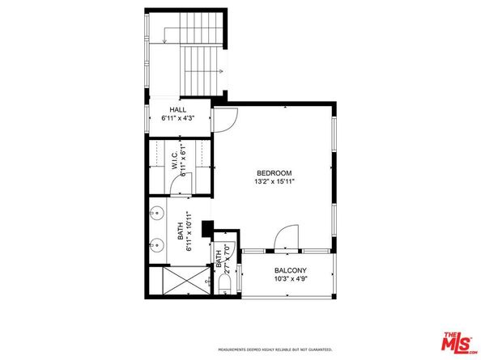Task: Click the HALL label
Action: pos(178,109)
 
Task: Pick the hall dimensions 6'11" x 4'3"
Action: pos(178,118)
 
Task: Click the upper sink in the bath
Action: pos(156,214)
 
